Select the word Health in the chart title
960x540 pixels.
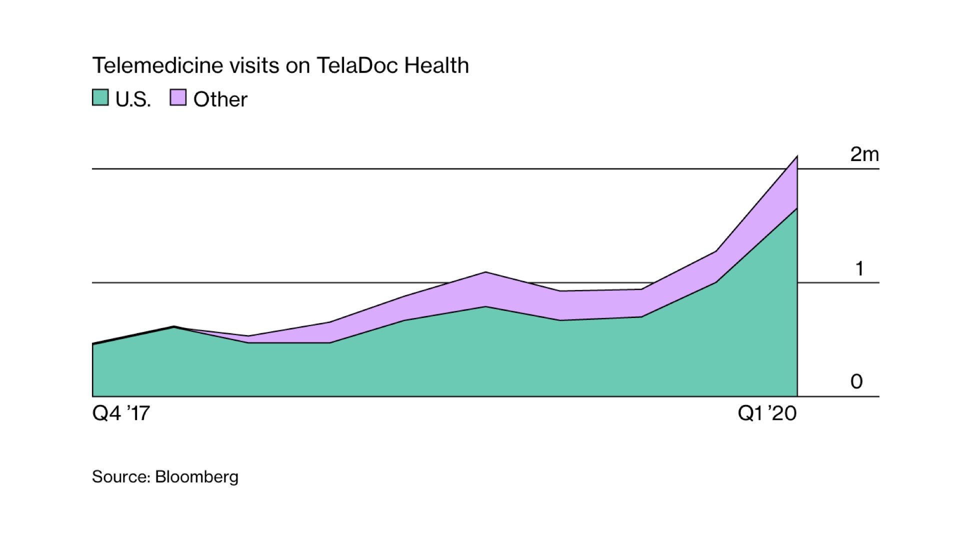tap(436, 65)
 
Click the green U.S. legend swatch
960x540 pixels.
tap(100, 97)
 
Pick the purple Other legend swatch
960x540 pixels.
tap(178, 97)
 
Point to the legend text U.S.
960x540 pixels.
tap(133, 99)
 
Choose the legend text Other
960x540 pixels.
tap(220, 99)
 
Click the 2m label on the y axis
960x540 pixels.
tap(864, 154)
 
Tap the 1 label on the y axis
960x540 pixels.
tap(859, 269)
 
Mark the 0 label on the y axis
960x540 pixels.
tap(856, 381)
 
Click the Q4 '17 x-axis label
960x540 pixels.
tap(121, 414)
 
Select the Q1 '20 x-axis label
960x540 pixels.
tap(767, 414)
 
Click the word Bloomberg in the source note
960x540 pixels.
tap(196, 476)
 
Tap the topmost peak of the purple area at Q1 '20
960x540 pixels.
tap(796, 156)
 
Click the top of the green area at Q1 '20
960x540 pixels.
tap(796, 208)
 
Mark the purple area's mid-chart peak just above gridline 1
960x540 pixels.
tap(486, 272)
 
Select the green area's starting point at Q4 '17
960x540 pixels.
tap(93, 344)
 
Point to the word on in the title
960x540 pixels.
tap(298, 65)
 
